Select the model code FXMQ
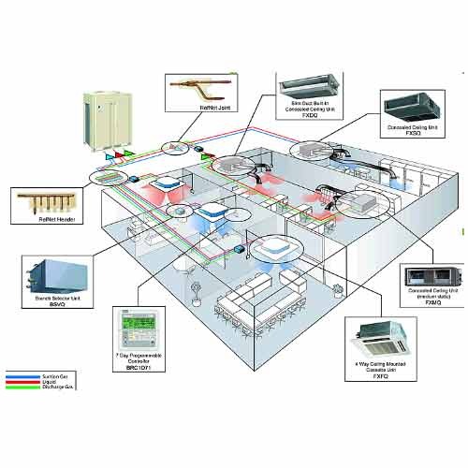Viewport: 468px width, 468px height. pyautogui.click(x=431, y=303)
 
